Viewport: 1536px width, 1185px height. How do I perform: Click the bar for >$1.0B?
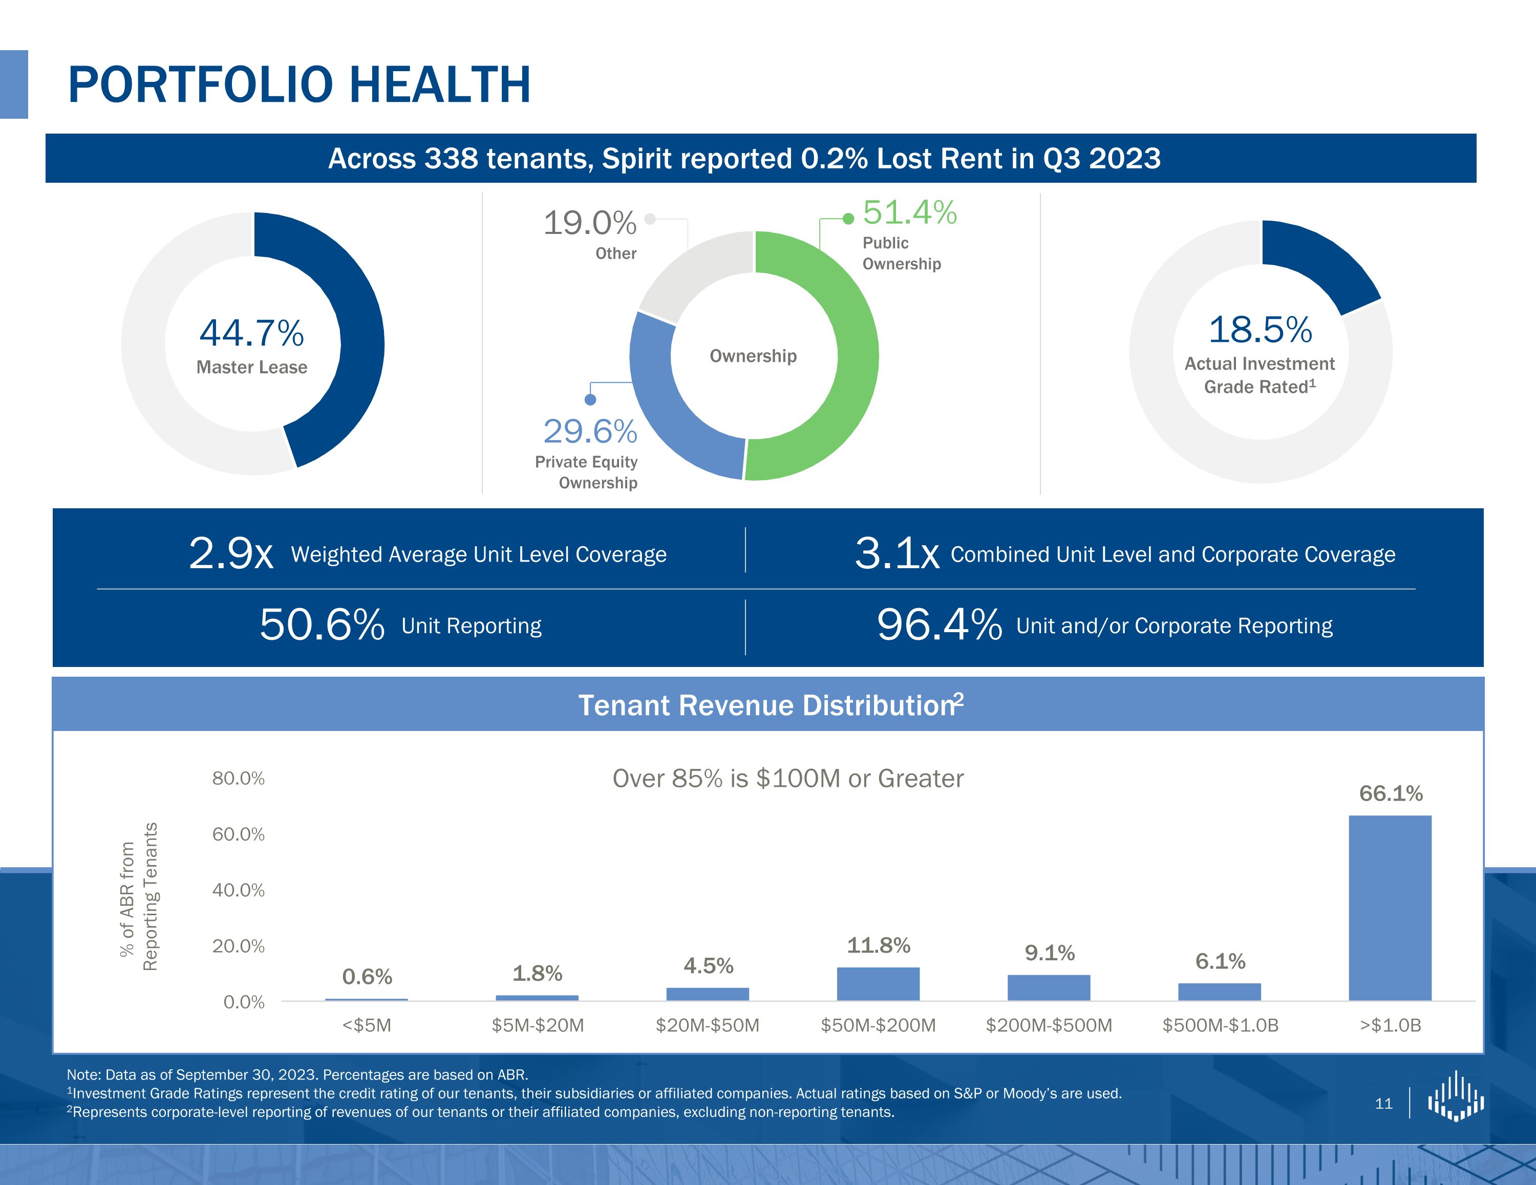(1390, 907)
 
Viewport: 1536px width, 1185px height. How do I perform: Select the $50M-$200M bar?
(878, 984)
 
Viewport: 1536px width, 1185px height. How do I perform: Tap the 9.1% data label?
(1049, 953)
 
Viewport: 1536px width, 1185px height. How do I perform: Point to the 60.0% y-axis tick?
(239, 834)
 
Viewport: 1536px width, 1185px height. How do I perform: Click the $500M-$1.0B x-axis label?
(1220, 1025)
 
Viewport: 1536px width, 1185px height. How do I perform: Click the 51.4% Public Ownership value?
(909, 212)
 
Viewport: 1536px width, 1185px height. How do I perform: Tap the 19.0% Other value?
(589, 224)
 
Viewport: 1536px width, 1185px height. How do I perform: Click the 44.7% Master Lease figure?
(252, 333)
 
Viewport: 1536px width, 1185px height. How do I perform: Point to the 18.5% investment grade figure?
(1260, 330)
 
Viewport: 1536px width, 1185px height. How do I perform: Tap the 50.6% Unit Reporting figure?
(322, 624)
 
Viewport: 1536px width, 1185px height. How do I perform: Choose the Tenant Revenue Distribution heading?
(770, 705)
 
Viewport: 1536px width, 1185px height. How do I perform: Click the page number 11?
(1383, 1104)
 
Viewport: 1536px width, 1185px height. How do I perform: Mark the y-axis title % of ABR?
(139, 897)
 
